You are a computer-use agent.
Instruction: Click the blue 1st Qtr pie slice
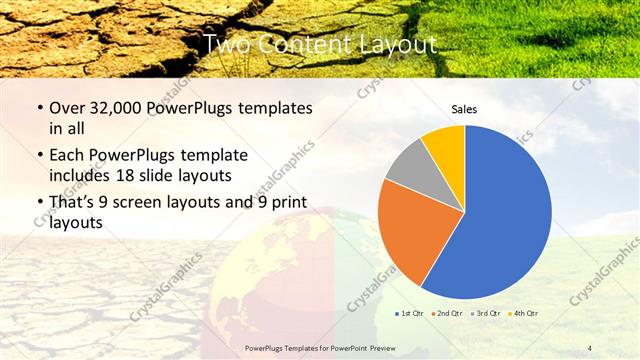coord(505,210)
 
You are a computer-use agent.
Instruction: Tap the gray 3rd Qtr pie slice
coord(406,166)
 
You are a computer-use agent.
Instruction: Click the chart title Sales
coord(464,108)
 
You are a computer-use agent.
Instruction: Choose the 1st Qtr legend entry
coord(410,314)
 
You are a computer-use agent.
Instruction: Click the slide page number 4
coord(591,348)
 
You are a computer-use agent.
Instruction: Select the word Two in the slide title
coord(224,45)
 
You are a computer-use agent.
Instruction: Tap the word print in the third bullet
coord(287,202)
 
